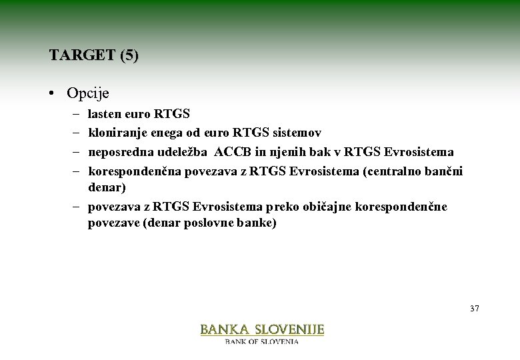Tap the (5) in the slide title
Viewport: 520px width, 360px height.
[129, 55]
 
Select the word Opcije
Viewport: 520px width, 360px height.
[89, 93]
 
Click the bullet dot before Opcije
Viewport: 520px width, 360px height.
[52, 93]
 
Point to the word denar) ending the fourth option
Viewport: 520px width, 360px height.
[107, 188]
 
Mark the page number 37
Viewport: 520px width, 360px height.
[474, 309]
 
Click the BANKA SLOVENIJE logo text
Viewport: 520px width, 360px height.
[262, 329]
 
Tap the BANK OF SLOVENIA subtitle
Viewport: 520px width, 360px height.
[262, 341]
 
